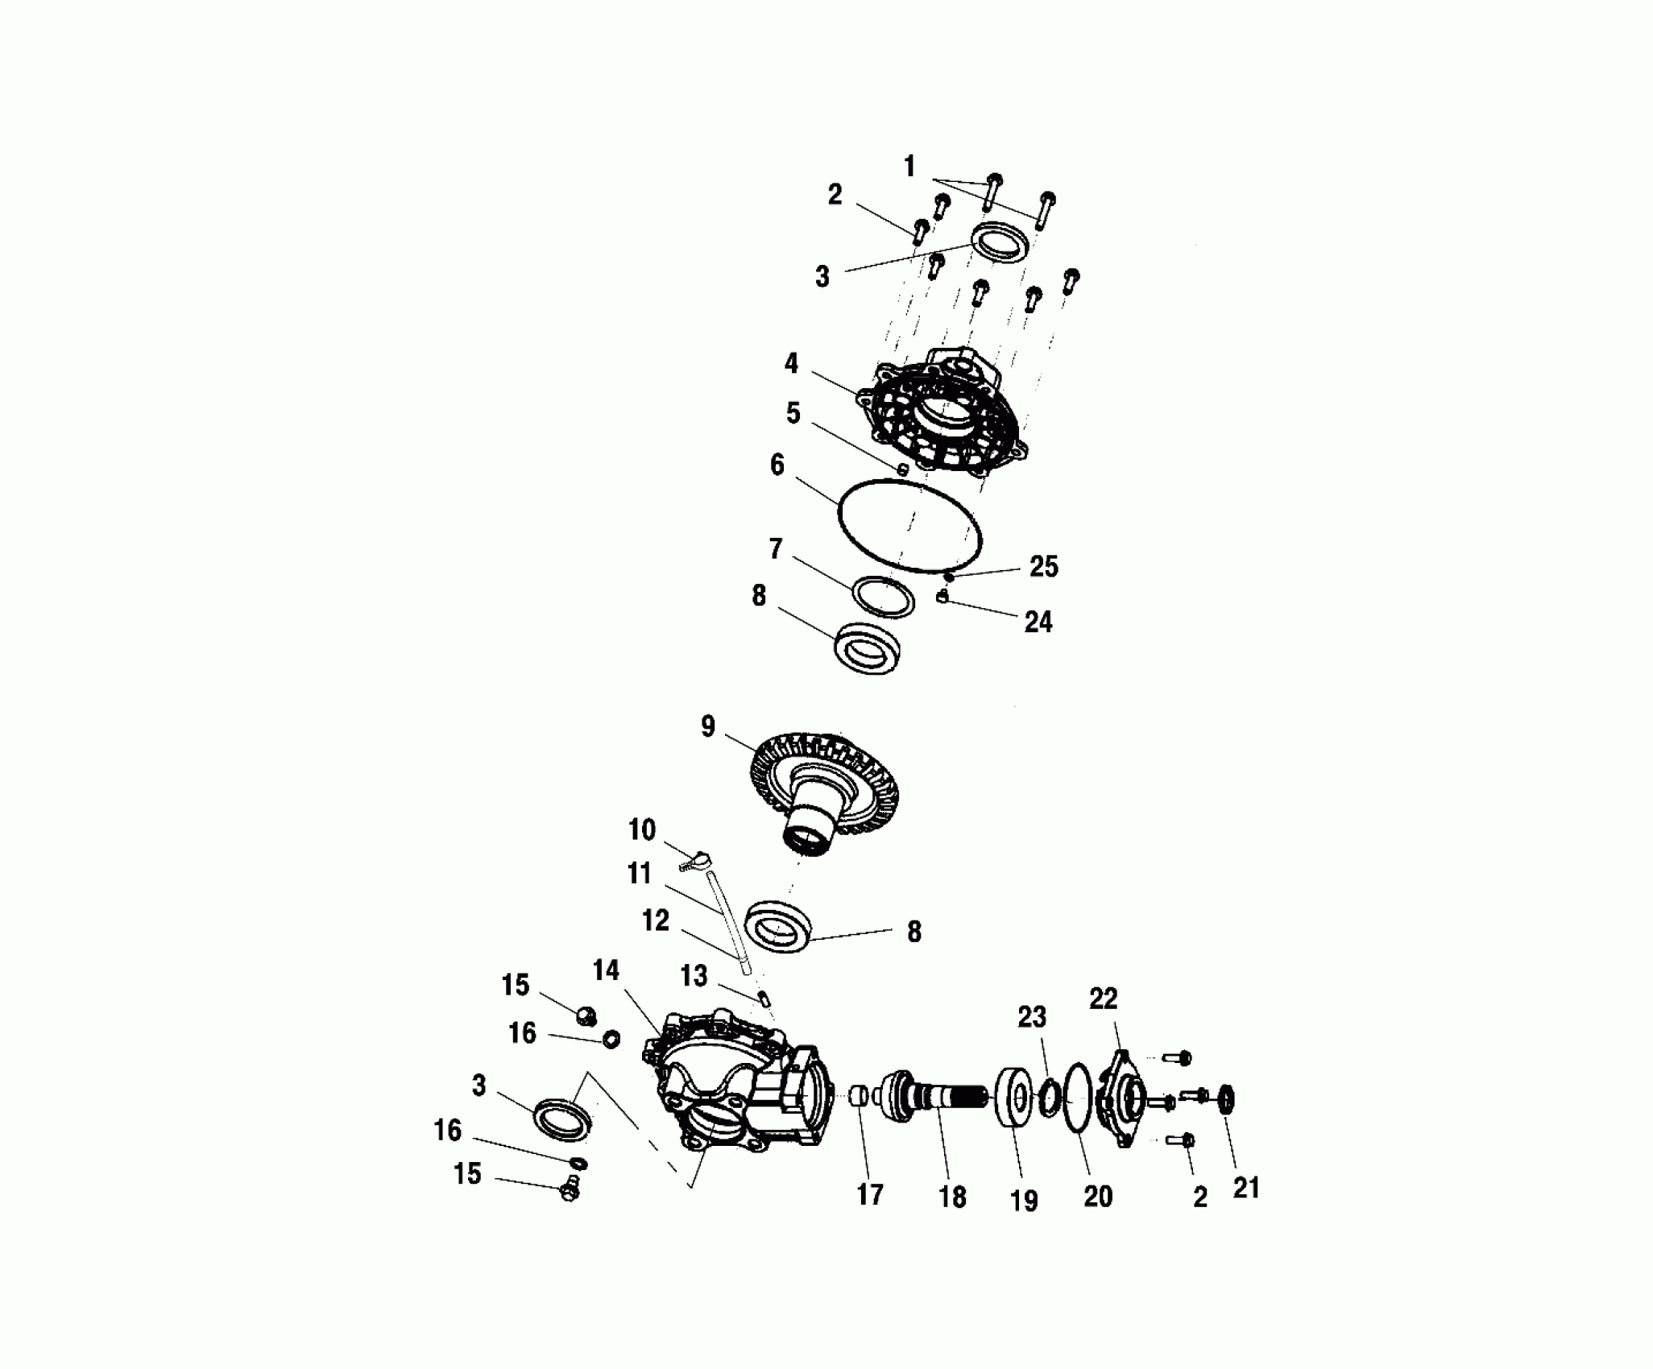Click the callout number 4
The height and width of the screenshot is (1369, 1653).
pos(791,364)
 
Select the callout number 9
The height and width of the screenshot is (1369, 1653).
pos(707,727)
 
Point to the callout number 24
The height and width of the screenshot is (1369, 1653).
pos(1038,622)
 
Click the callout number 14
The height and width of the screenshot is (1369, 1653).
pos(606,971)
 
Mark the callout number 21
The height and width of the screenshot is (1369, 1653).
pos(1245,1188)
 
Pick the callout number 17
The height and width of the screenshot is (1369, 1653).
pos(870,1195)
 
